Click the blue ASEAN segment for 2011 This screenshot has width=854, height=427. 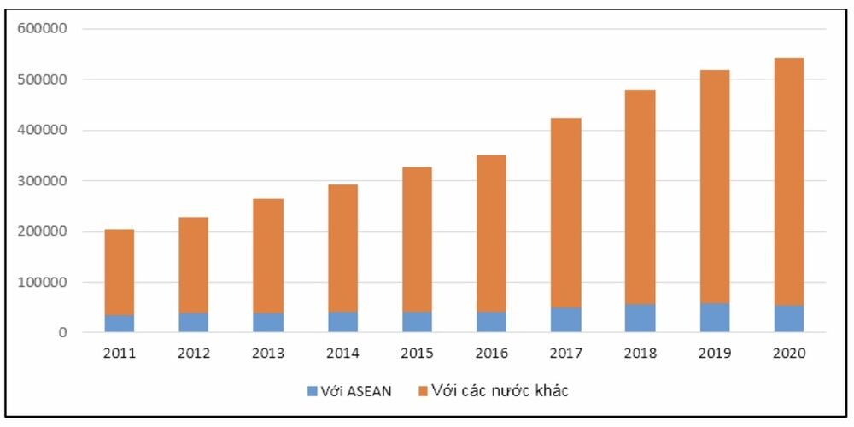[x=119, y=324]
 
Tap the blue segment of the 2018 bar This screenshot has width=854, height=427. [x=640, y=319]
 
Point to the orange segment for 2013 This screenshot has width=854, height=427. [x=268, y=255]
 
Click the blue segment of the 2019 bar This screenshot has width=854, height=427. [x=714, y=318]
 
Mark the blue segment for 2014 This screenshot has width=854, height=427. [x=342, y=322]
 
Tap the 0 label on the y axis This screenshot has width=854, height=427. [x=62, y=333]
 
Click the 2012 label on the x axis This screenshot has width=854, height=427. [x=193, y=352]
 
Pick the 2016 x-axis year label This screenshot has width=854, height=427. [x=491, y=352]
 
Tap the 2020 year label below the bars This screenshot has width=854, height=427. [x=788, y=352]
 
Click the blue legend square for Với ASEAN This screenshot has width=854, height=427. [x=313, y=391]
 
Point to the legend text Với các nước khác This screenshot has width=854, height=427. [x=500, y=391]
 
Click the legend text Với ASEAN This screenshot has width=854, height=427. [x=358, y=391]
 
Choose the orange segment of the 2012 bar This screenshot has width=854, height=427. [x=193, y=265]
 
